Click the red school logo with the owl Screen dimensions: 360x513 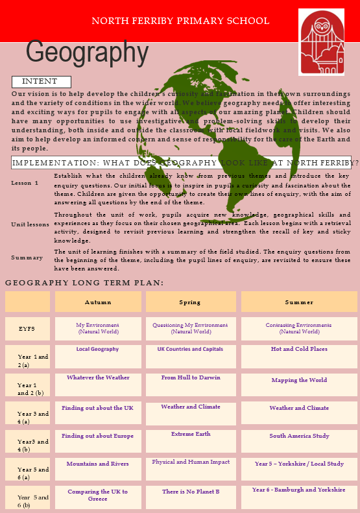(321, 42)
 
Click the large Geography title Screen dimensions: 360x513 (88, 53)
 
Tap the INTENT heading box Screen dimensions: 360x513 (40, 82)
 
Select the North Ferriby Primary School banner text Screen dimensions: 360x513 (180, 21)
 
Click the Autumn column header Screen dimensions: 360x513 (98, 302)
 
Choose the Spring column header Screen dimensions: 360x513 (190, 302)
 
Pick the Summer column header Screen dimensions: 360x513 (299, 302)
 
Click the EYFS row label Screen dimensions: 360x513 (27, 329)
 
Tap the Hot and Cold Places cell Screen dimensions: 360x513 (299, 349)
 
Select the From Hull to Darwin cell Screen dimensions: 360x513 (191, 377)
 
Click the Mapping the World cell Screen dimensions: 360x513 (299, 380)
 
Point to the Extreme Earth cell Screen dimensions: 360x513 (191, 434)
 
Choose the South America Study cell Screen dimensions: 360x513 (299, 436)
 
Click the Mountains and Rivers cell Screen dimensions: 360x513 (97, 464)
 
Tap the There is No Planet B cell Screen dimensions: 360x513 (191, 492)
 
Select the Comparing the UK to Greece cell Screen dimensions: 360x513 (97, 495)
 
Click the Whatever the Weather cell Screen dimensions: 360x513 (98, 377)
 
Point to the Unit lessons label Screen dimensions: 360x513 (30, 224)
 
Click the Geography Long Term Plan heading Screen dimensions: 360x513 (84, 283)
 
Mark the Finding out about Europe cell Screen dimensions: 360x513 (97, 436)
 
